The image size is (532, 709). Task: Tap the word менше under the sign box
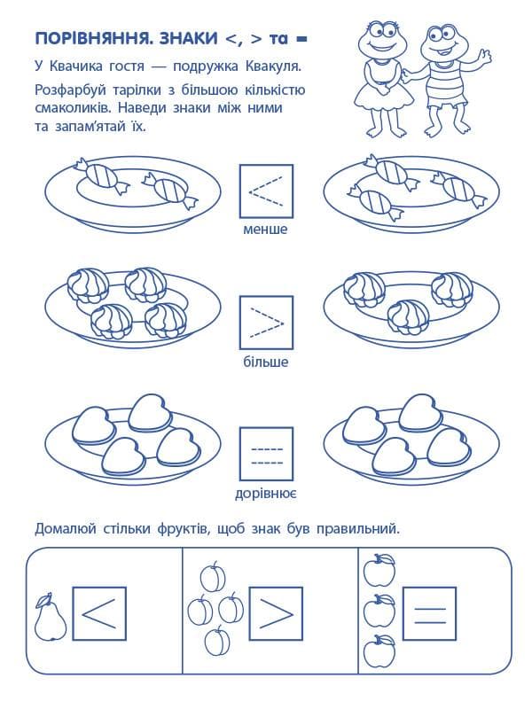pyautogui.click(x=265, y=229)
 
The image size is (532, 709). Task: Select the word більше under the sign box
pyautogui.click(x=265, y=362)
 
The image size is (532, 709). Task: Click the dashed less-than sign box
pyautogui.click(x=265, y=191)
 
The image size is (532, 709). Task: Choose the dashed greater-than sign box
pyautogui.click(x=265, y=323)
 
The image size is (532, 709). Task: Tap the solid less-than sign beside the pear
pyautogui.click(x=98, y=613)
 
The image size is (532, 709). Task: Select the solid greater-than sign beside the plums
pyautogui.click(x=276, y=613)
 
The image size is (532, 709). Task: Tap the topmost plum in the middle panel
pyautogui.click(x=213, y=577)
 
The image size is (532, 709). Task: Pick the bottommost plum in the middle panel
pyautogui.click(x=217, y=641)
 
